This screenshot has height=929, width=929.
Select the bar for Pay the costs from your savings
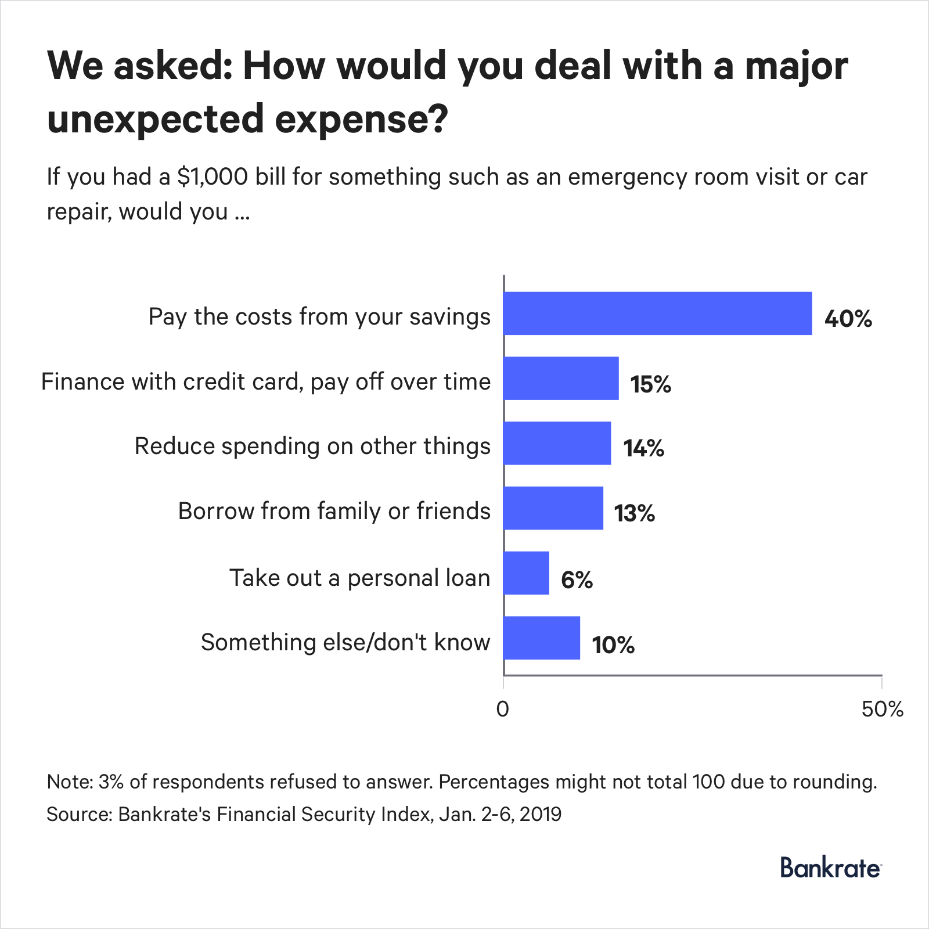pyautogui.click(x=657, y=314)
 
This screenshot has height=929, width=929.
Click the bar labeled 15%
pyautogui.click(x=561, y=379)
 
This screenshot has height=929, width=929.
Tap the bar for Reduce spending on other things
pyautogui.click(x=557, y=444)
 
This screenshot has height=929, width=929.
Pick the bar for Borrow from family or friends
pyautogui.click(x=553, y=509)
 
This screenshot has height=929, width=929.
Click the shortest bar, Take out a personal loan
pyautogui.click(x=526, y=574)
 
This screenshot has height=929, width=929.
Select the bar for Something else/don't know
pyautogui.click(x=541, y=638)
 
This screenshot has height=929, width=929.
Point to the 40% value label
pyautogui.click(x=848, y=319)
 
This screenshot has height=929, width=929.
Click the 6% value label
pyautogui.click(x=577, y=579)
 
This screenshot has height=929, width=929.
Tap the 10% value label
pyautogui.click(x=613, y=645)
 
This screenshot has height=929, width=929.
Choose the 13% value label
pyautogui.click(x=635, y=513)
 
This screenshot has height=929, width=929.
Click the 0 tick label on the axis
pyautogui.click(x=503, y=710)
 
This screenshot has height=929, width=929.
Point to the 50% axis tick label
pyautogui.click(x=882, y=710)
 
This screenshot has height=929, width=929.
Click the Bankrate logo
pyautogui.click(x=830, y=868)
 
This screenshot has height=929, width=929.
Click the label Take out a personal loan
pyautogui.click(x=360, y=578)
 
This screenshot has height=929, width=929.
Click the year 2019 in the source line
pyautogui.click(x=541, y=814)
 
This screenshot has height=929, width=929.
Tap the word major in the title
pyautogui.click(x=797, y=66)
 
